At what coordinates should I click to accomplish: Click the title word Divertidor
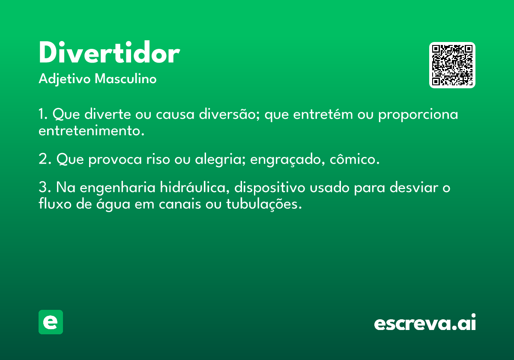click(110, 52)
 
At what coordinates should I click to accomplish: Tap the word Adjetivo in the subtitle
click(65, 79)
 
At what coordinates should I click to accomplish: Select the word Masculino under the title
click(126, 78)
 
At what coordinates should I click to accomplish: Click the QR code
click(452, 65)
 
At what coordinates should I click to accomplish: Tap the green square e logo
click(51, 322)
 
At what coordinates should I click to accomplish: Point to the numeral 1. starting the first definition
click(43, 114)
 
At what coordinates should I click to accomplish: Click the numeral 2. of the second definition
click(45, 159)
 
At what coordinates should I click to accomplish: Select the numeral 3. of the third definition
click(45, 187)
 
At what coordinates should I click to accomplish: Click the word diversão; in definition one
click(230, 114)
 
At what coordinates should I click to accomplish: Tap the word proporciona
click(418, 115)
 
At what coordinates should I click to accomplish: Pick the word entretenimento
click(92, 131)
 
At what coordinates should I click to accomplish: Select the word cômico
click(355, 159)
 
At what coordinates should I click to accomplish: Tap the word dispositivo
click(269, 188)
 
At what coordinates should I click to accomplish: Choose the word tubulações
click(264, 204)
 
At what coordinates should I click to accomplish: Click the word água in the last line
click(114, 204)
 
